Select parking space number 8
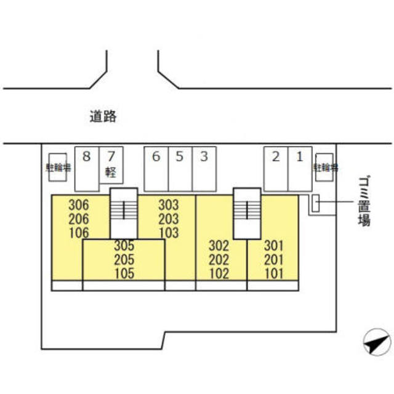click(x=86, y=168)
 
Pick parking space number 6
click(x=156, y=168)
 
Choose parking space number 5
click(x=180, y=168)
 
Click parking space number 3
click(x=204, y=168)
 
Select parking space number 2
click(x=276, y=168)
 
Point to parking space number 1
click(x=300, y=168)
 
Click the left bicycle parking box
click(x=58, y=166)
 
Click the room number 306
click(x=79, y=205)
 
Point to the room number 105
click(x=124, y=273)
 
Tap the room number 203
click(x=168, y=219)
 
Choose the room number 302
click(x=219, y=246)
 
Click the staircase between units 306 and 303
click(x=124, y=212)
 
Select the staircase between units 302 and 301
click(x=247, y=212)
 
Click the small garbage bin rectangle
click(x=315, y=204)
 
